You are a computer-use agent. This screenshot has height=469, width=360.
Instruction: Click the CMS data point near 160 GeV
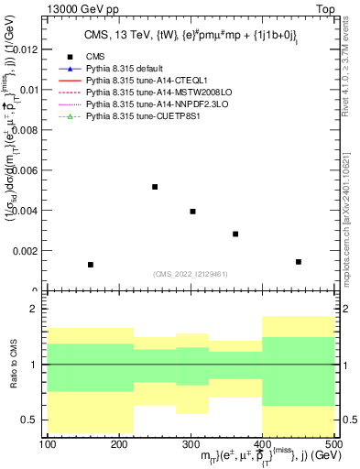coord(91,265)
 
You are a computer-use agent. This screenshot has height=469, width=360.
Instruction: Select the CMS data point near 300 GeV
coord(192,212)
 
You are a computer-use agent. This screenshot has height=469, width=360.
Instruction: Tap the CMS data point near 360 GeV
coord(235,234)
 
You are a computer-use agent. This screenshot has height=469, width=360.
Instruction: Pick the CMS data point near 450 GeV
coord(299,262)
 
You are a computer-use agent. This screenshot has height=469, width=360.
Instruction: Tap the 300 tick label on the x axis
coord(191,445)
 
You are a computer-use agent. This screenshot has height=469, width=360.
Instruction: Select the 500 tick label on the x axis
coord(333,445)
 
